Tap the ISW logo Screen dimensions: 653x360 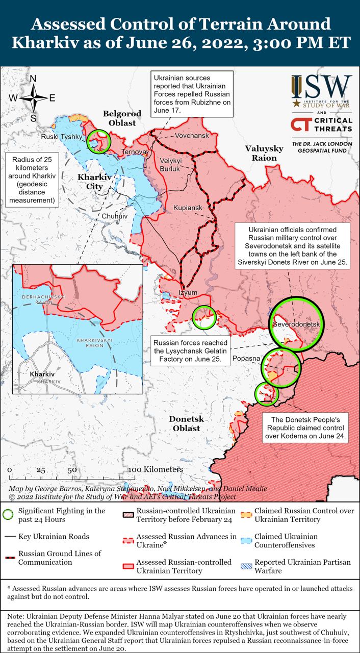point(321,90)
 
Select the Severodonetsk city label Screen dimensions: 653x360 point(296,324)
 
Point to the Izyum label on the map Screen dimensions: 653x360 point(187,293)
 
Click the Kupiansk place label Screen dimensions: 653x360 point(188,208)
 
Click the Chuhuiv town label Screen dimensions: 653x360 point(115,216)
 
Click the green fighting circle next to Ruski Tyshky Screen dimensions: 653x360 point(98,141)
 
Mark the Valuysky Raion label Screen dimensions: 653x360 point(264,153)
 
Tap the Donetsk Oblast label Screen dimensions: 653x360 point(186,423)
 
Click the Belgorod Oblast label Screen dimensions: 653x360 point(119,118)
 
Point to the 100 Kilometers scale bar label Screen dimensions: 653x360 point(156,469)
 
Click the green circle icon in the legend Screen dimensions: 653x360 point(8,515)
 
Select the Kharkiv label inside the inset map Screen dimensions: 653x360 point(42,374)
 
